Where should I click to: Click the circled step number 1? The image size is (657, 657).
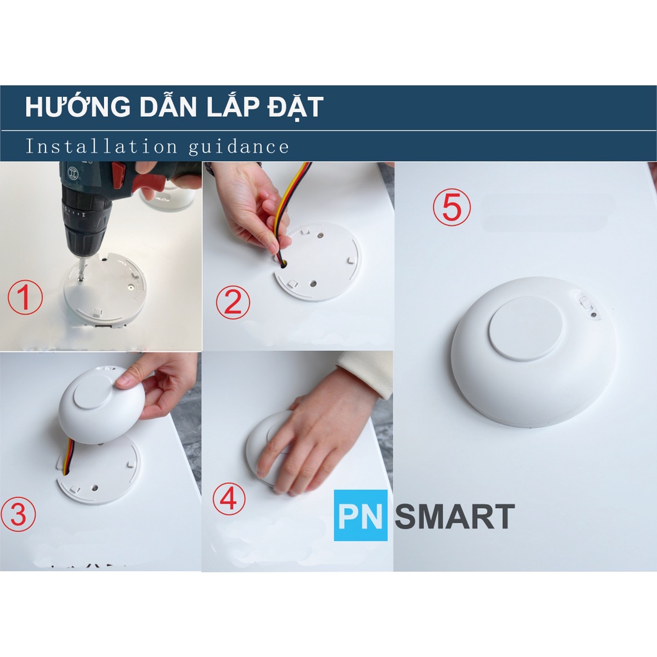(25, 297)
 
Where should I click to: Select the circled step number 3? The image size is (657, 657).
(19, 514)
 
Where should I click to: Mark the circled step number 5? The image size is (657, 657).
(452, 207)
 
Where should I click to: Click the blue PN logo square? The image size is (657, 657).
(361, 516)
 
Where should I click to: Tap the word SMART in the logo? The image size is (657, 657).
(455, 516)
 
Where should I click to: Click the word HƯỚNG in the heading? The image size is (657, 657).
(78, 107)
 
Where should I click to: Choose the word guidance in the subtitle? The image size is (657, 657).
(239, 147)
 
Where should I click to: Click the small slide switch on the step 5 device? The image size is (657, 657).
(584, 303)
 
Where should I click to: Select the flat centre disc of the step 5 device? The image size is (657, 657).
(526, 328)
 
